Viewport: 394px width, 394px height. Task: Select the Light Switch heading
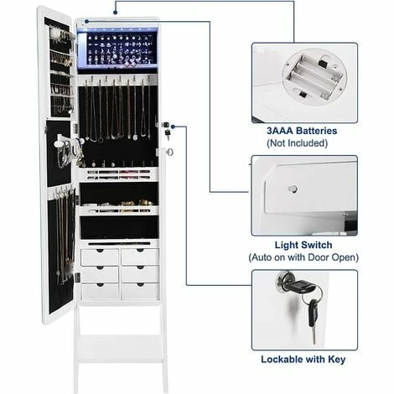[303, 244]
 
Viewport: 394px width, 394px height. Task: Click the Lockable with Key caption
[303, 359]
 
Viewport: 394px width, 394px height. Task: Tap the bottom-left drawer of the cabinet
[100, 291]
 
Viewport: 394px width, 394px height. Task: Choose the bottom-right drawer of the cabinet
[139, 291]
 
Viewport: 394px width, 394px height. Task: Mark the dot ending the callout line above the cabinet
[115, 13]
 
